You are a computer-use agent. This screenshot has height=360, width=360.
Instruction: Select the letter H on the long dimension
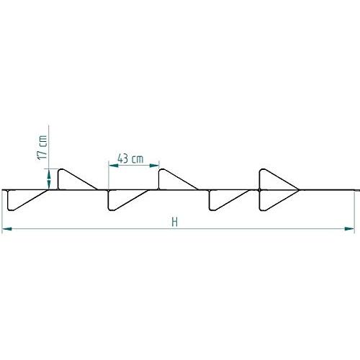click(174, 222)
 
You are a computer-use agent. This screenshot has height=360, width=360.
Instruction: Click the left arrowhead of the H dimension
click(6, 230)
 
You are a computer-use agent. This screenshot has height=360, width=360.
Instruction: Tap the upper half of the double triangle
click(272, 181)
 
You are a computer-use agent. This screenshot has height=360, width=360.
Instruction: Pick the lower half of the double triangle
click(272, 199)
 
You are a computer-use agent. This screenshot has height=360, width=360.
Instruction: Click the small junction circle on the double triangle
click(259, 190)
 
